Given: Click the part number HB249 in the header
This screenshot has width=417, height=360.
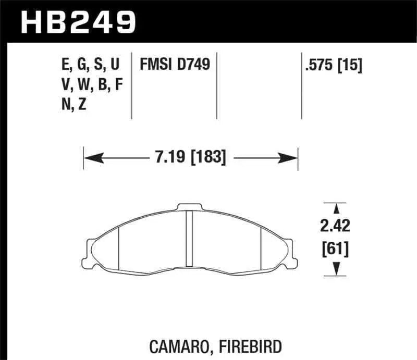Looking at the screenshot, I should (x=78, y=21).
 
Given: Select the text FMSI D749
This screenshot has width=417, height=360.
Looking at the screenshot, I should (x=174, y=65).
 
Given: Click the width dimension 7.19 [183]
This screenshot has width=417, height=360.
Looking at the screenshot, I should (x=190, y=156).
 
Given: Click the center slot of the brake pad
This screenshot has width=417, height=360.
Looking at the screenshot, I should (x=190, y=237).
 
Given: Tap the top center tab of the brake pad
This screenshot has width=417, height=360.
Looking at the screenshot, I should (x=190, y=207).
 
